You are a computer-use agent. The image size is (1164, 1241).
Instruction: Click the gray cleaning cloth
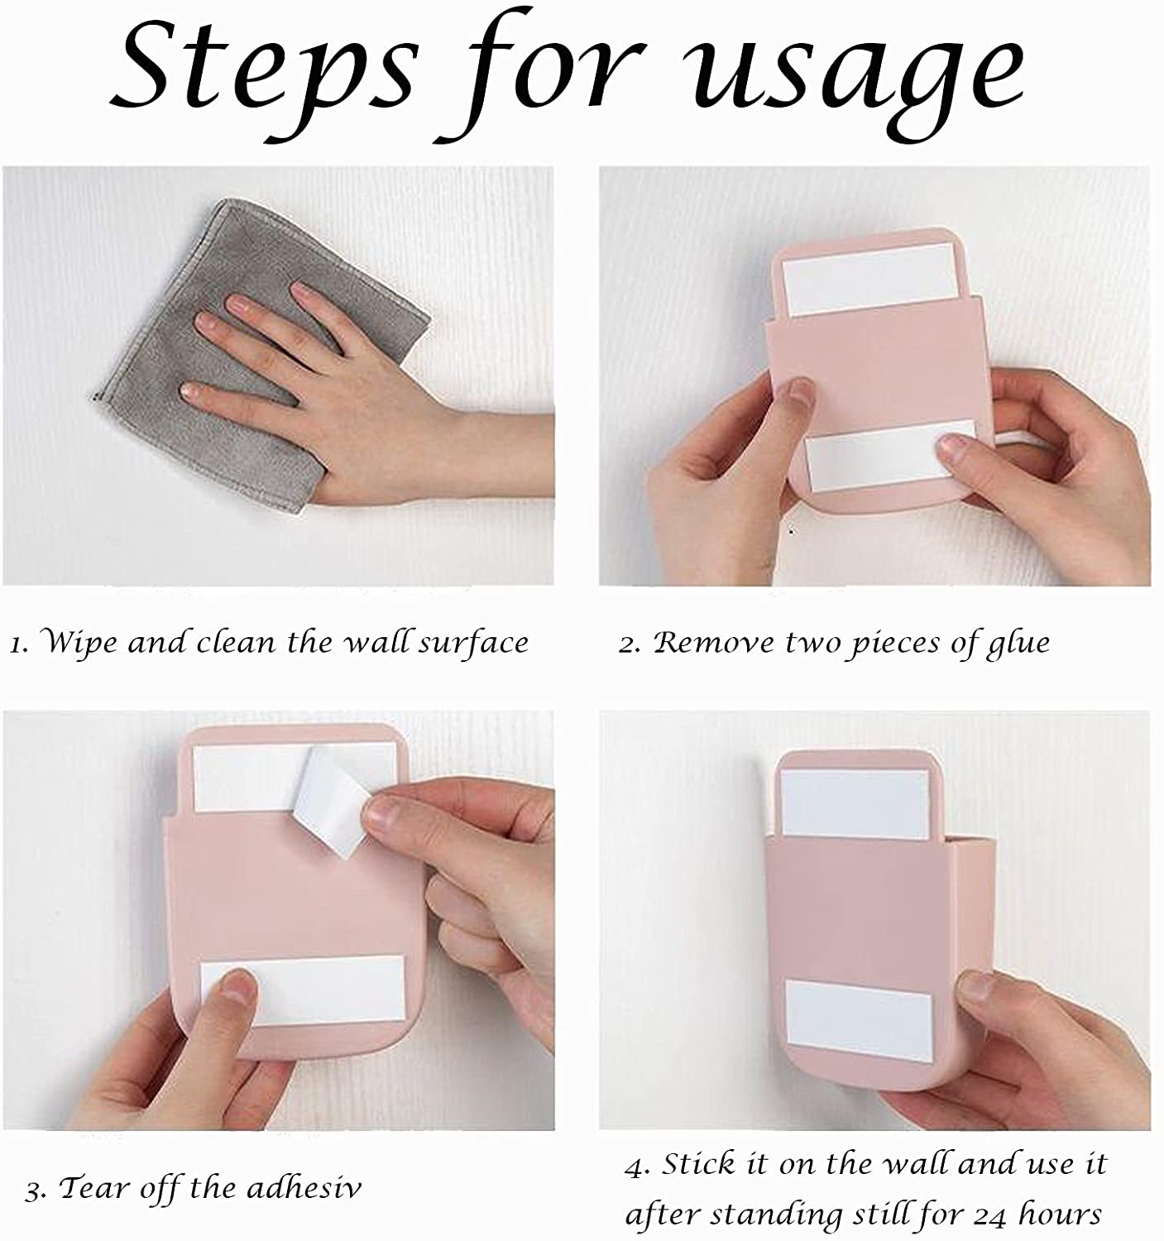(x=256, y=357)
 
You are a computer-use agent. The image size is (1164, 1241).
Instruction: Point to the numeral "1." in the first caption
(x=19, y=644)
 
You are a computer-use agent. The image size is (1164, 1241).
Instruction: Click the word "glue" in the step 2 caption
(x=1018, y=644)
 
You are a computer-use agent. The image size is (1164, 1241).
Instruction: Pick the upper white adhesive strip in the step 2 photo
(x=869, y=278)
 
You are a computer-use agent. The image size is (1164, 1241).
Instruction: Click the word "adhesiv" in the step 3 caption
(x=305, y=1186)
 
